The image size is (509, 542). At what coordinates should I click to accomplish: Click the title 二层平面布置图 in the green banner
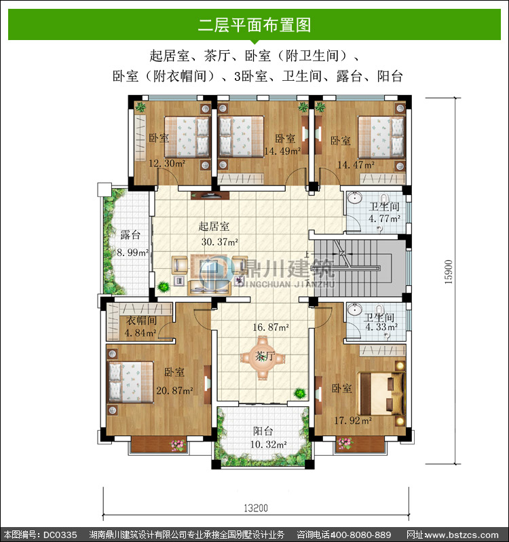point(254,25)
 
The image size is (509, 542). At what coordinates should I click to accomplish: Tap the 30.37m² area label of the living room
point(220,242)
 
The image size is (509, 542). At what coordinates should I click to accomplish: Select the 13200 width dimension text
point(256,508)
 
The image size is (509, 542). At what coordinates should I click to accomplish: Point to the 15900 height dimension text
point(448,272)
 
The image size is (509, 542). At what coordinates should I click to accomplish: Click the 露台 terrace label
point(130,235)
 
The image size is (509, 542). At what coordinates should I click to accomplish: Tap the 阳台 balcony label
point(263,431)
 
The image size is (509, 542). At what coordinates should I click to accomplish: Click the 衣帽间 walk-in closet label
point(141,321)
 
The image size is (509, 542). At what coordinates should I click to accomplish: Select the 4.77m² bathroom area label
point(384,219)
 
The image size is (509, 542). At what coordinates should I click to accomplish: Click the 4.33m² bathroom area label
point(381,327)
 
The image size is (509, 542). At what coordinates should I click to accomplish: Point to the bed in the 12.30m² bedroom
point(187,137)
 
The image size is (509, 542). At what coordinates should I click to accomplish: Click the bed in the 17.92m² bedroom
point(381,394)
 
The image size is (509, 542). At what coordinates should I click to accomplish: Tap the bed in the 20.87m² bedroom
point(131,382)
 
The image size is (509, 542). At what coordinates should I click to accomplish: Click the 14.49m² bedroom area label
point(282,151)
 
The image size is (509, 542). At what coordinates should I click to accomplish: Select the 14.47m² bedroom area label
point(356,165)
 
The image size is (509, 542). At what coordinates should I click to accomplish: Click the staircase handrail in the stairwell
point(346,268)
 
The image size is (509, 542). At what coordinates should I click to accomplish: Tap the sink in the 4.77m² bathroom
point(355,198)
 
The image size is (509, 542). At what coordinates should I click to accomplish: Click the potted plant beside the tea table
point(300,393)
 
